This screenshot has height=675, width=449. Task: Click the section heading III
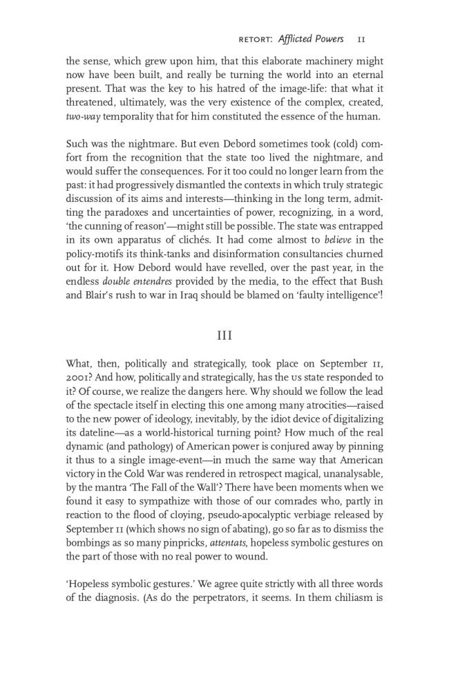point(224,335)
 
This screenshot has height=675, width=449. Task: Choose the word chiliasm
point(351,598)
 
